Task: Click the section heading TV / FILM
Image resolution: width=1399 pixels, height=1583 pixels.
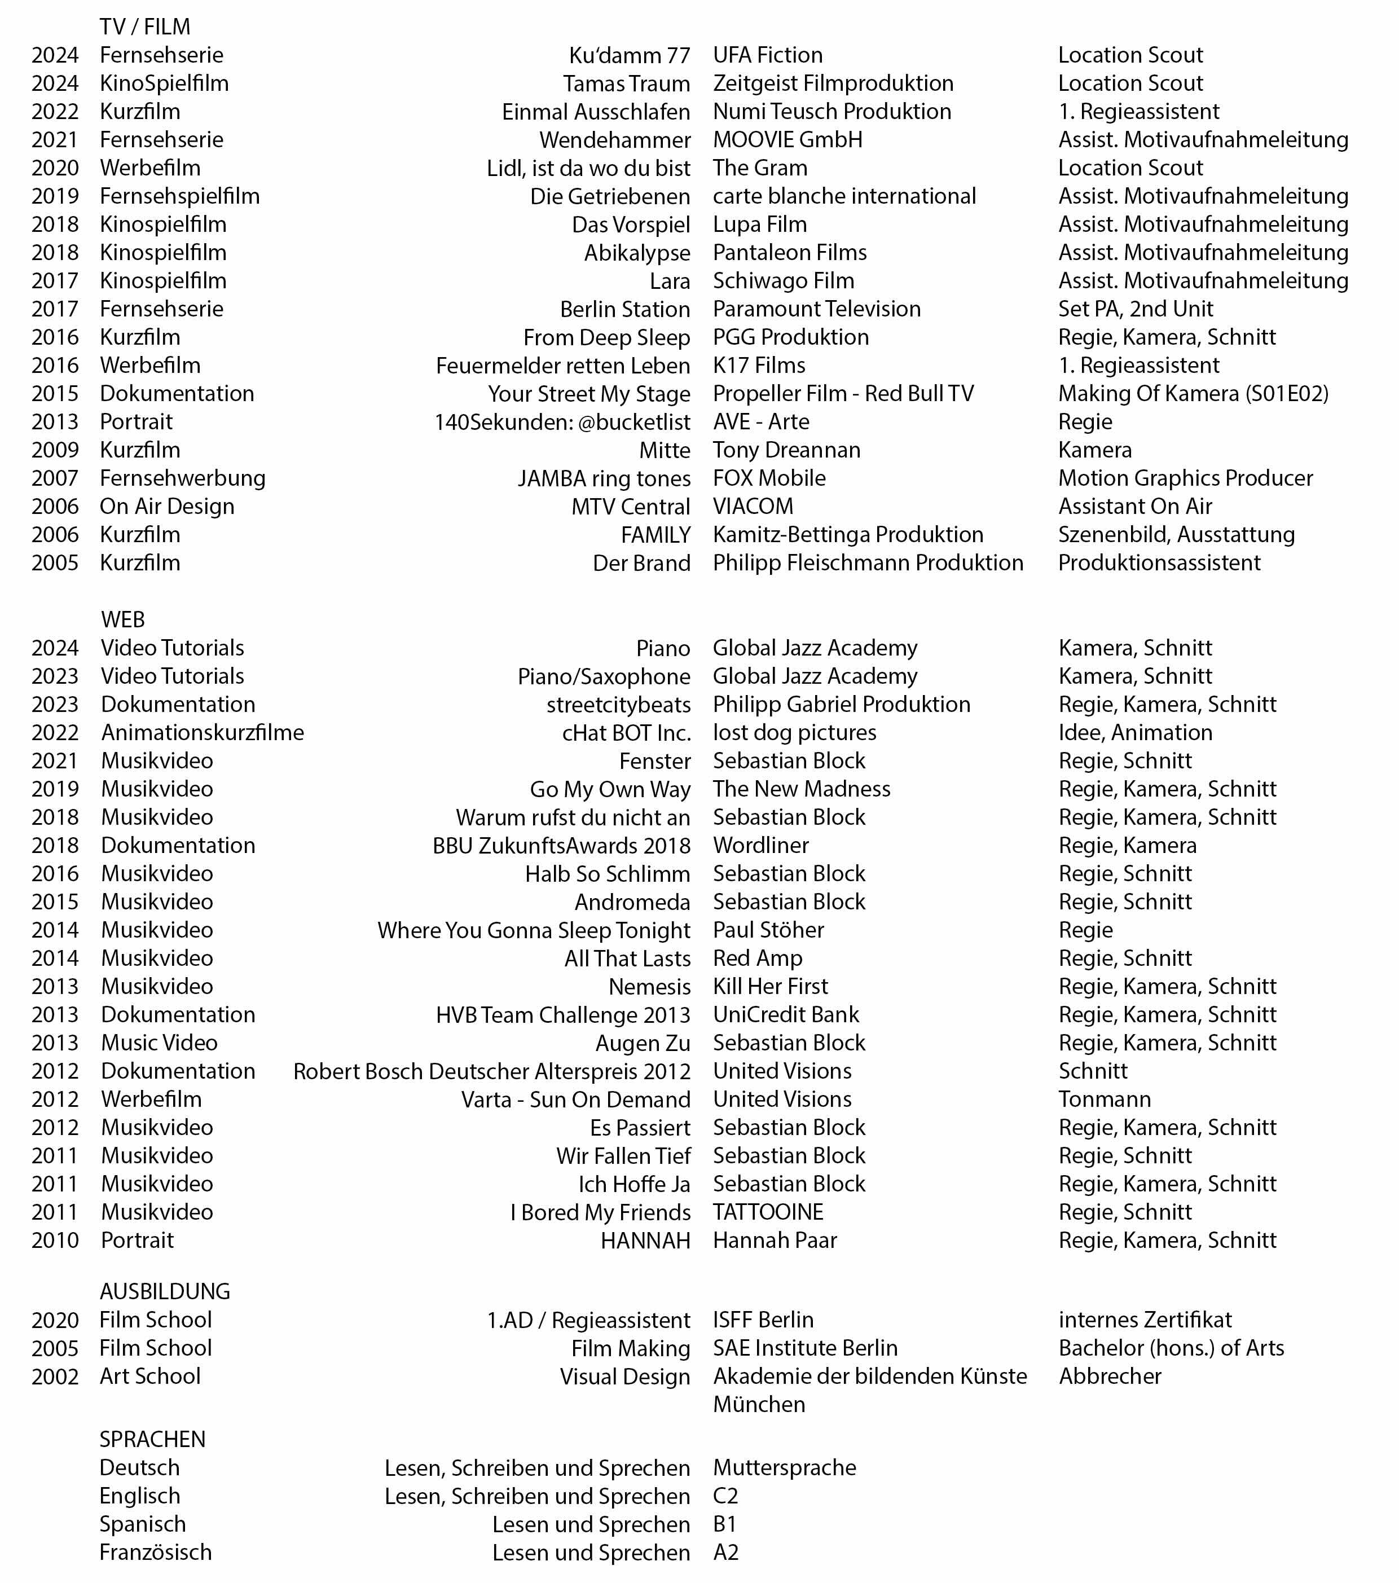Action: (145, 27)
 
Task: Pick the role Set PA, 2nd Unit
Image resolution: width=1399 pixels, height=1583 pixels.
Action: (1135, 309)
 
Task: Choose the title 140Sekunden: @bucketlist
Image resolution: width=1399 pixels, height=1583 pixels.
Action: (561, 422)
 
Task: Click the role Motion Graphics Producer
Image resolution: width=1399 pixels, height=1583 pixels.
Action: (1185, 478)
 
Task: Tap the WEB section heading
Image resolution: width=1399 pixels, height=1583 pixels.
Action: (122, 619)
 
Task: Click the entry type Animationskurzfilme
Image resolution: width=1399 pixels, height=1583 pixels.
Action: (202, 733)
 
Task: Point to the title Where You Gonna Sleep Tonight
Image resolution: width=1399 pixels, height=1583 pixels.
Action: (534, 930)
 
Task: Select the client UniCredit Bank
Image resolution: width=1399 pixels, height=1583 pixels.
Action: (785, 1014)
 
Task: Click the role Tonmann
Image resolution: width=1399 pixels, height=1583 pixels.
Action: (1104, 1100)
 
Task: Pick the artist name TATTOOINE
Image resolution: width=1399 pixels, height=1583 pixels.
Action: (767, 1212)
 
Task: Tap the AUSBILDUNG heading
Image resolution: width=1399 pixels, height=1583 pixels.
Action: (165, 1292)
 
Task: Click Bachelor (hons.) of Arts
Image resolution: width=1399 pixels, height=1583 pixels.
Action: (1171, 1348)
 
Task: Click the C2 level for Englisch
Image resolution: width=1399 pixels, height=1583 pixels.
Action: (725, 1496)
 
